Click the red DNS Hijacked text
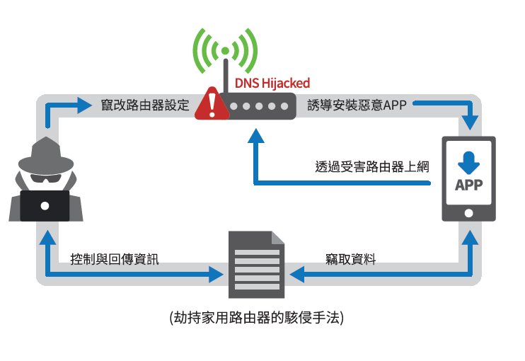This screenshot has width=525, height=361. pyautogui.click(x=272, y=83)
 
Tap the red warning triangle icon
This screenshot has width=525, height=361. pyautogui.click(x=211, y=104)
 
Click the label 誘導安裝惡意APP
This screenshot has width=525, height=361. pyautogui.click(x=357, y=106)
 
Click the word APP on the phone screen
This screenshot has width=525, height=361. pyautogui.click(x=468, y=185)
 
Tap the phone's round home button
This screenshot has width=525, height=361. pyautogui.click(x=468, y=213)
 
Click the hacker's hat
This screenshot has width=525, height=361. pyautogui.click(x=44, y=150)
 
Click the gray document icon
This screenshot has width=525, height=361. pyautogui.click(x=255, y=265)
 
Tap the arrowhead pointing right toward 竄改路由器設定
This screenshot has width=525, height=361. pyautogui.click(x=84, y=106)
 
